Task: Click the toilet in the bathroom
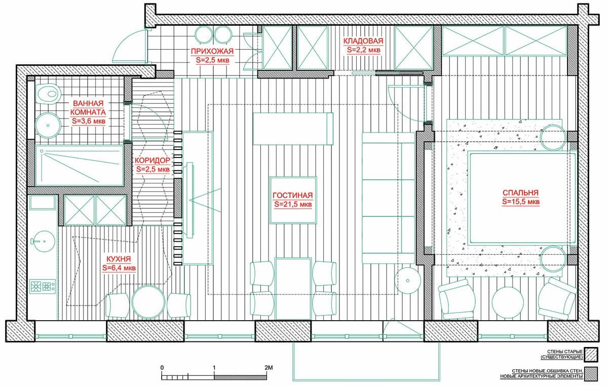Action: click(48, 94)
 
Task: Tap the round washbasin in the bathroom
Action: click(48, 126)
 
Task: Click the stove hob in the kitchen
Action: click(43, 286)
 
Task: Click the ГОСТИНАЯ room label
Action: click(293, 196)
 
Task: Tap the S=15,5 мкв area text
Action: click(521, 202)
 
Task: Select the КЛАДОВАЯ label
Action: click(363, 41)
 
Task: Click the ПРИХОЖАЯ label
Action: click(212, 51)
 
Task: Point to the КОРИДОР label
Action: click(153, 161)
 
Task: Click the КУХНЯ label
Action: click(119, 259)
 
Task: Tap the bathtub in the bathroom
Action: click(80, 166)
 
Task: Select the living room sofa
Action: click(389, 198)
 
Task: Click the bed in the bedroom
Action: click(522, 198)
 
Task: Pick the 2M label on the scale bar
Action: click(269, 368)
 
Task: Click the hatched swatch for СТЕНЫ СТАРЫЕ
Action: click(591, 355)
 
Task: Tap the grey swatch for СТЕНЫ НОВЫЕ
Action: click(591, 374)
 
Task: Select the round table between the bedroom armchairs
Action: click(508, 302)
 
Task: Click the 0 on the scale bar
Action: click(162, 368)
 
